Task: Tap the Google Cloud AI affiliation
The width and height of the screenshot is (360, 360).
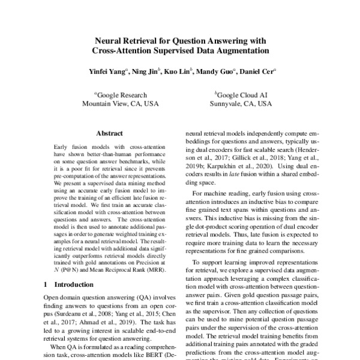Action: [241, 94]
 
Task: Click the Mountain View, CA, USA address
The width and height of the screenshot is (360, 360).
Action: [120, 103]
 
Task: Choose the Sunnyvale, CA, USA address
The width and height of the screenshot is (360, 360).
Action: [241, 103]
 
